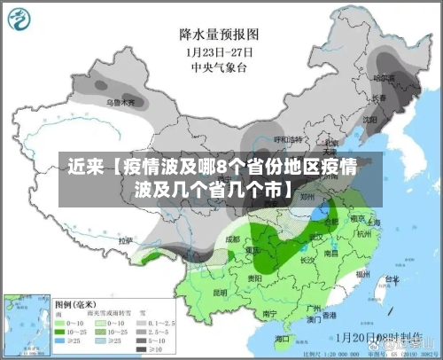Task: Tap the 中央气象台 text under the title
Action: [219, 67]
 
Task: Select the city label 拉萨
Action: [126, 239]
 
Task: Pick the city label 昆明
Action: [219, 292]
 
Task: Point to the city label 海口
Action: [283, 338]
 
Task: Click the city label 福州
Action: [361, 275]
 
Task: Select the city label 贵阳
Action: [255, 278]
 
